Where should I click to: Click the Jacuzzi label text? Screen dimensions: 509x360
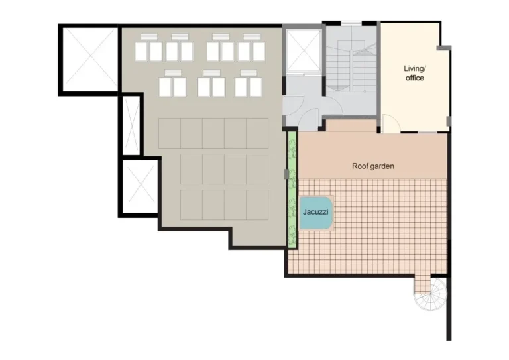[315, 212]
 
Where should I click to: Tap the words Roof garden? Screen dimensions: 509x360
[373, 166]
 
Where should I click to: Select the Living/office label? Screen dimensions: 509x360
[414, 73]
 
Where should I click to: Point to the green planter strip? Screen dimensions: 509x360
[292, 190]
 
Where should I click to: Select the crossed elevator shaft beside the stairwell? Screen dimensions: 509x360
[304, 50]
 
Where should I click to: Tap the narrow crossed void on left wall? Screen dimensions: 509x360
[132, 125]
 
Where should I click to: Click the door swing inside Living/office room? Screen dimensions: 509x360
[390, 123]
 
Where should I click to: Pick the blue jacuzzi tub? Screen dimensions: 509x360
[316, 212]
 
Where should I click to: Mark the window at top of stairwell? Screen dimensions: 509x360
[351, 23]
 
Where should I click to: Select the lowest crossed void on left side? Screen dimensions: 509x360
[140, 186]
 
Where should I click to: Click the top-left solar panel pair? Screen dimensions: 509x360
[148, 48]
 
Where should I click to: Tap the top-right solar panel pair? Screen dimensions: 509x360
[252, 48]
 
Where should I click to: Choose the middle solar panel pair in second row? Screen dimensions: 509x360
[211, 84]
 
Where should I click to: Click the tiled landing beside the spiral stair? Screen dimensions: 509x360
[422, 284]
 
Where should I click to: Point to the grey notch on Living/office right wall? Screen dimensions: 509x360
[449, 121]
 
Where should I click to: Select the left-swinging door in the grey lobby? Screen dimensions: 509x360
[293, 105]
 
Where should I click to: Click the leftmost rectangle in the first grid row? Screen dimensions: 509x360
[170, 133]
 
